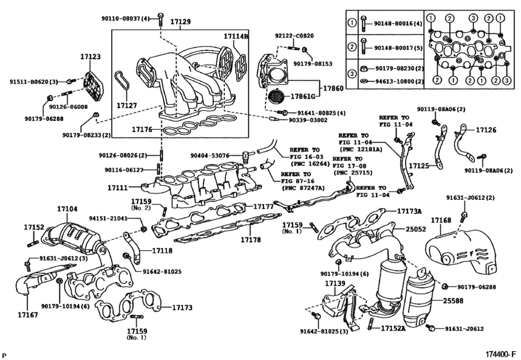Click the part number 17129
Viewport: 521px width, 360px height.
point(180,22)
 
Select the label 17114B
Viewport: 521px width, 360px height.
point(236,37)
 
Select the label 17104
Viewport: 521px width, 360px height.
point(67,209)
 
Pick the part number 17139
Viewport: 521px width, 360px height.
point(333,283)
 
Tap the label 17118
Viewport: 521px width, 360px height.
point(162,249)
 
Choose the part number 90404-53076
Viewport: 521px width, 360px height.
point(213,154)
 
